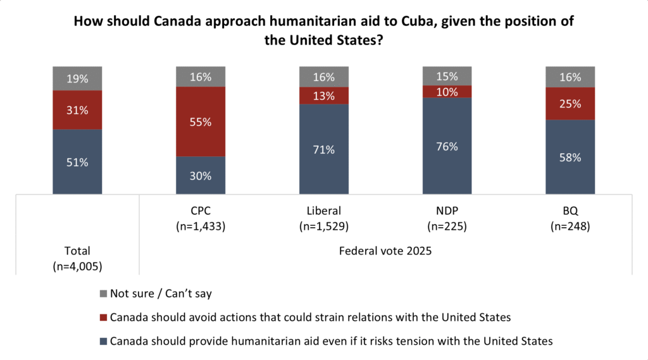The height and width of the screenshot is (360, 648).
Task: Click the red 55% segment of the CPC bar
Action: click(201, 121)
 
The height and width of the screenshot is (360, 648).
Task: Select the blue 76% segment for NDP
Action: click(447, 146)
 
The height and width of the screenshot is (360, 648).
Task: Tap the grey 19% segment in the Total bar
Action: click(77, 78)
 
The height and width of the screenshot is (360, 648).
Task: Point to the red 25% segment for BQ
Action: click(571, 103)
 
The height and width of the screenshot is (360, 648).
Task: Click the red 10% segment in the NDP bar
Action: click(447, 92)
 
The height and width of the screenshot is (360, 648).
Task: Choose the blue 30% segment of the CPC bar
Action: click(201, 175)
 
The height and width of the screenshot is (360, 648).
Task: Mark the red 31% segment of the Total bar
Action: click(77, 110)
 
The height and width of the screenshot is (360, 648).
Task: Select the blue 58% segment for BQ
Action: click(571, 156)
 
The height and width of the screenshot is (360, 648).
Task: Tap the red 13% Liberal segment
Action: click(324, 96)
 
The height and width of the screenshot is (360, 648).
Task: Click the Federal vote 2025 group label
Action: click(385, 251)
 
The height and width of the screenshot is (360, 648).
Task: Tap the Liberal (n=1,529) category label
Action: click(324, 217)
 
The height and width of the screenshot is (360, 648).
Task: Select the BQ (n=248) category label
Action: click(571, 217)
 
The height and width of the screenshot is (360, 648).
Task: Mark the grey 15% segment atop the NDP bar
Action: click(447, 76)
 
